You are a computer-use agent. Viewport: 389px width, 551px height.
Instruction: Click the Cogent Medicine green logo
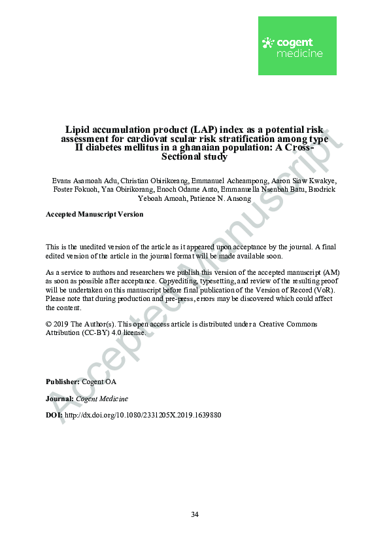297,46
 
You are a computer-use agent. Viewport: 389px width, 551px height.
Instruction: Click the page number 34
194,514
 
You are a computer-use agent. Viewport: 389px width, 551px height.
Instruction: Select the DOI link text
143,416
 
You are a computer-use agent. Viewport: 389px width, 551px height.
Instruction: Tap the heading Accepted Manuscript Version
94,214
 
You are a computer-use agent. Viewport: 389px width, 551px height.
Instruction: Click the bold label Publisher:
62,382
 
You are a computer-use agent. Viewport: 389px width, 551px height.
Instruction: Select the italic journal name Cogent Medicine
102,399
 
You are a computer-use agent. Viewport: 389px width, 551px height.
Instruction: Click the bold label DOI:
54,416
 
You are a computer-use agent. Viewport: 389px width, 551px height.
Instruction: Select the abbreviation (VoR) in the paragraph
324,289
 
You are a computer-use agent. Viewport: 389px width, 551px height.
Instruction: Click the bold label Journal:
60,399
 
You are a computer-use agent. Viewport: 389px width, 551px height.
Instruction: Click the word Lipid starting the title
76,130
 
